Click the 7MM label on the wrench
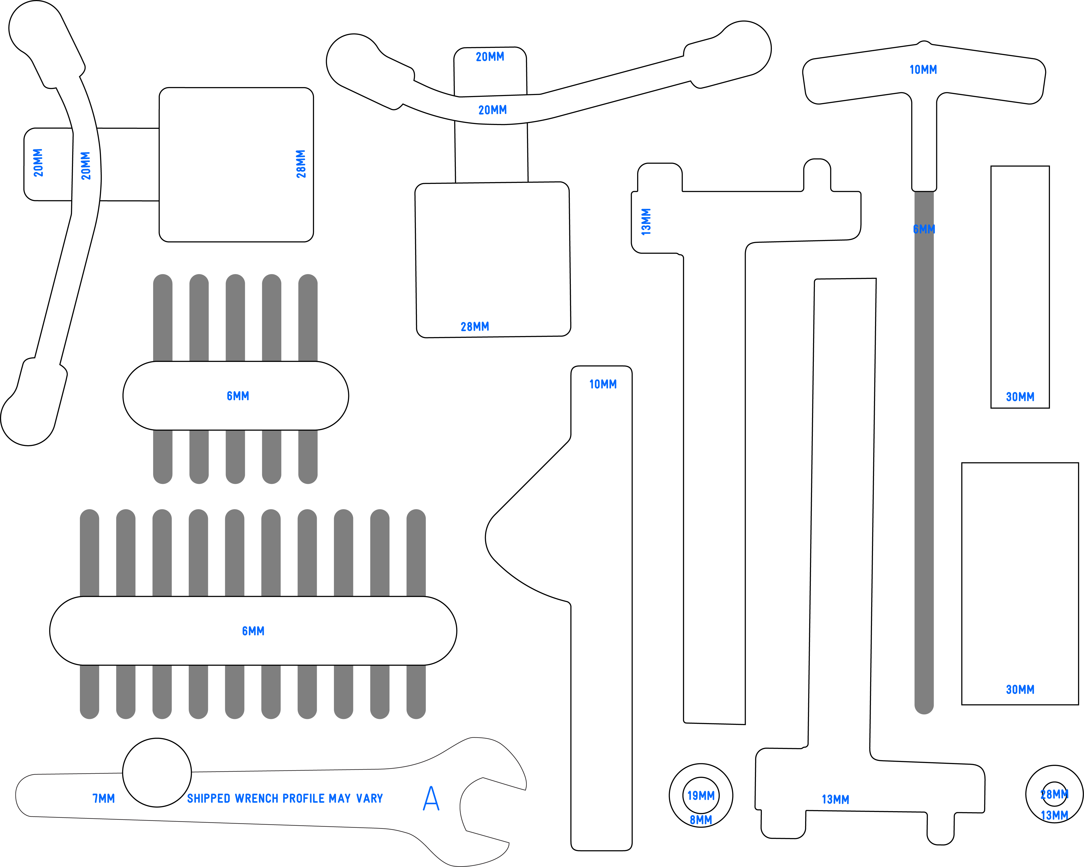coord(103,799)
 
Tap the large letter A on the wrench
coord(431,799)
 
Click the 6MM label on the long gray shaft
coord(924,229)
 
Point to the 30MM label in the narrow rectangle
coord(1020,397)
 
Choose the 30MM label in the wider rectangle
coord(1020,690)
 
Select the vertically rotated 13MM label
coord(646,222)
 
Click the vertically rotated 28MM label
coord(301,164)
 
